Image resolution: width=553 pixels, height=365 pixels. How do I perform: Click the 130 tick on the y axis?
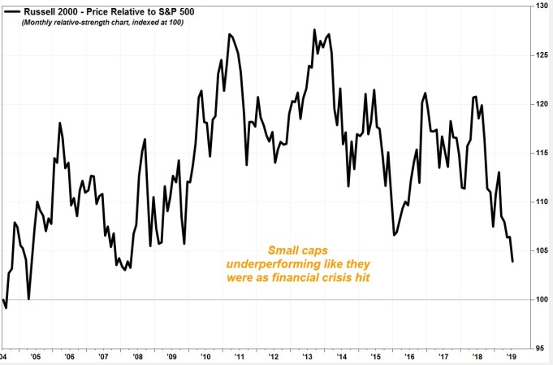point(542,6)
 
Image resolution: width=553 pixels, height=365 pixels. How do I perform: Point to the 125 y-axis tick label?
point(542,55)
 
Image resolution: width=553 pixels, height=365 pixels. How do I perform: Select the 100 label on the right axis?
point(542,300)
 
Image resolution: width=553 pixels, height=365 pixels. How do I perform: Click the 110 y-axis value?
point(542,202)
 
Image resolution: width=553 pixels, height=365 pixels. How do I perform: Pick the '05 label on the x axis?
point(35,357)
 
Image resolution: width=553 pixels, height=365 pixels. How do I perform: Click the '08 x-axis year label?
point(137,357)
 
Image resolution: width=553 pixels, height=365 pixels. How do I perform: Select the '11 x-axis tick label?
point(240,357)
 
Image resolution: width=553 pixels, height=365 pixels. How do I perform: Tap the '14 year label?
point(341,357)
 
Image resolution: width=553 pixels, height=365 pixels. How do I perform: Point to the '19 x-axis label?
point(512,357)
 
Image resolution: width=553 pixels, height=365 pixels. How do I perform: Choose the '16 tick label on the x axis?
point(409,357)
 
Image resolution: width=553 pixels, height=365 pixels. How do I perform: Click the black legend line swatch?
point(12,12)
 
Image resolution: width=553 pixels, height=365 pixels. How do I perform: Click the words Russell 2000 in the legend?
point(50,12)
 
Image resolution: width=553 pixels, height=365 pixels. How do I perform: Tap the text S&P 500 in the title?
point(178,12)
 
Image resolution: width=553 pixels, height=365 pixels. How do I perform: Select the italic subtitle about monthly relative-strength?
point(102,23)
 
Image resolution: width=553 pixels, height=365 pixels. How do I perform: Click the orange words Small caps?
point(298,250)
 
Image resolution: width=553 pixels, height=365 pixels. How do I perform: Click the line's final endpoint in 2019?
point(512,262)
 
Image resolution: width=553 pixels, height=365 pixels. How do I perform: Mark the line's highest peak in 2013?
point(314,29)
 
